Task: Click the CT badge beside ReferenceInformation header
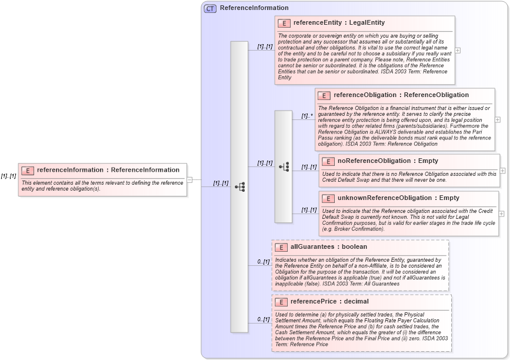click(210, 8)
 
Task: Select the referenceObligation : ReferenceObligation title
click(401, 95)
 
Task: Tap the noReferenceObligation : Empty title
click(388, 161)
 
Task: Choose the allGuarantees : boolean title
click(329, 246)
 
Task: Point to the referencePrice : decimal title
click(329, 301)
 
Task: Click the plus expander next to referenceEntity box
click(458, 51)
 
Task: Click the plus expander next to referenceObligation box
click(498, 119)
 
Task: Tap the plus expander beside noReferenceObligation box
click(502, 171)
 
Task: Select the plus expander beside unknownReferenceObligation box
click(502, 214)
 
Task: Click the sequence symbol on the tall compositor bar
click(239, 186)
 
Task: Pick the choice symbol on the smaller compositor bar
click(284, 166)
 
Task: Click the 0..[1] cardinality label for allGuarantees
click(263, 262)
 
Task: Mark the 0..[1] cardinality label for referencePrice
click(263, 319)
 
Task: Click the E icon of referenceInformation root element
click(28, 171)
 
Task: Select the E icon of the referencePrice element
click(282, 302)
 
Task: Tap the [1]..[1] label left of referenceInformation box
click(8, 176)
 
